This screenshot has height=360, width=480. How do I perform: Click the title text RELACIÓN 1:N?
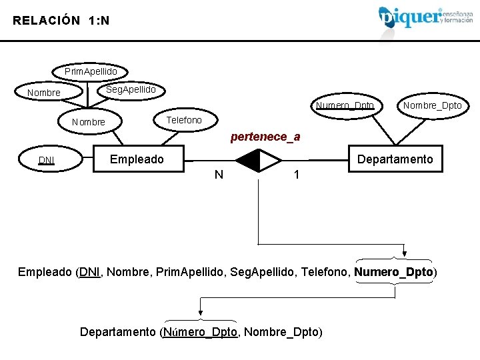[x=61, y=21]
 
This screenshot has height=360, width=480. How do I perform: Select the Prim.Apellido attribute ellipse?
[x=91, y=71]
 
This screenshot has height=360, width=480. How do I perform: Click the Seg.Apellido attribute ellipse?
[x=131, y=89]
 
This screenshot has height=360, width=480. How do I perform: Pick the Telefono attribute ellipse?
[x=183, y=120]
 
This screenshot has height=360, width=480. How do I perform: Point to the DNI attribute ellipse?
[x=47, y=160]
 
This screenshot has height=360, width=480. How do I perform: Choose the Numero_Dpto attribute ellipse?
[x=345, y=105]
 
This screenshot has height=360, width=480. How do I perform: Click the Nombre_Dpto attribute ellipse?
[x=432, y=105]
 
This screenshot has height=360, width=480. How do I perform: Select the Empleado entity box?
[x=137, y=159]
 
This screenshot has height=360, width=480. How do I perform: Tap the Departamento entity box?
[x=395, y=159]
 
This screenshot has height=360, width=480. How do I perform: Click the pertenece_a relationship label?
[x=265, y=137]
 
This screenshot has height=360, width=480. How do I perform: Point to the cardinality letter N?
[x=219, y=175]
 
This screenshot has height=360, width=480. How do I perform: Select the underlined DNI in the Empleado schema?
[x=89, y=272]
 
